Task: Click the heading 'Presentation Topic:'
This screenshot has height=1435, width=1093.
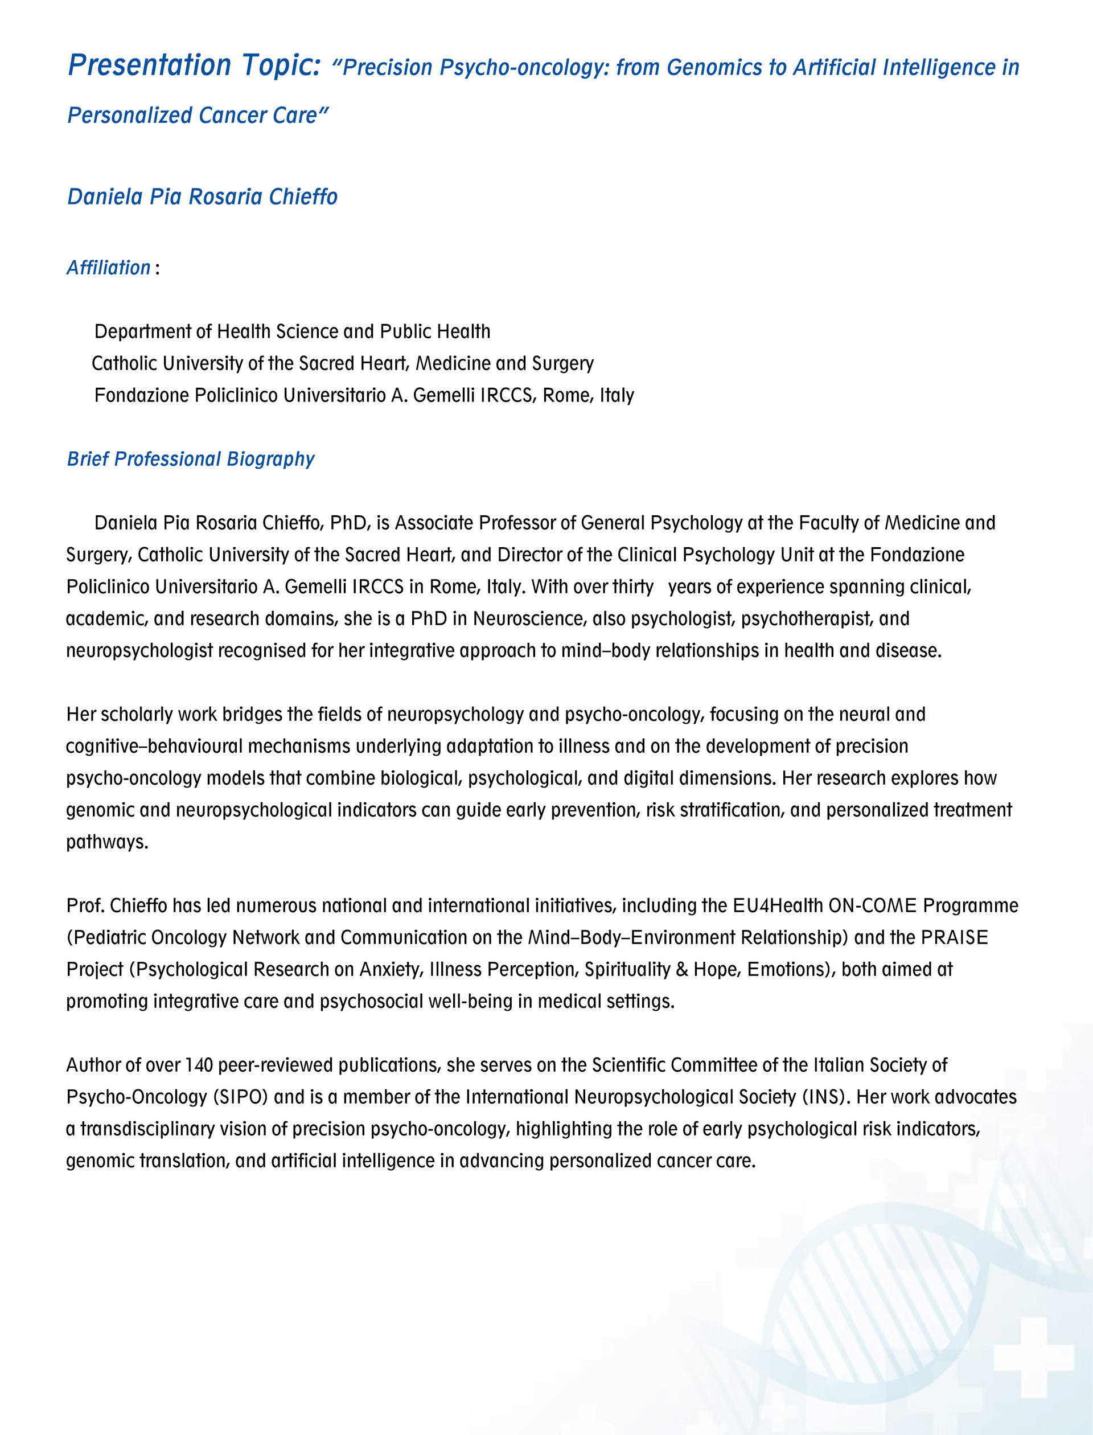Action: pyautogui.click(x=195, y=65)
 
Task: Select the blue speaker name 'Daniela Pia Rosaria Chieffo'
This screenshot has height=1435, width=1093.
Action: pyautogui.click(x=202, y=196)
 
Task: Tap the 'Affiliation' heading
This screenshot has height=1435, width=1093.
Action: pyautogui.click(x=109, y=268)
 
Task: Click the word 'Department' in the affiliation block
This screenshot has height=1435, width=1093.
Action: pyautogui.click(x=142, y=332)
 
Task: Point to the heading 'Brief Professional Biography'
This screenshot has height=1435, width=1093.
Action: pyautogui.click(x=191, y=459)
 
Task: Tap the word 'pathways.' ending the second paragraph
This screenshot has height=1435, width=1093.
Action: pyautogui.click(x=108, y=842)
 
